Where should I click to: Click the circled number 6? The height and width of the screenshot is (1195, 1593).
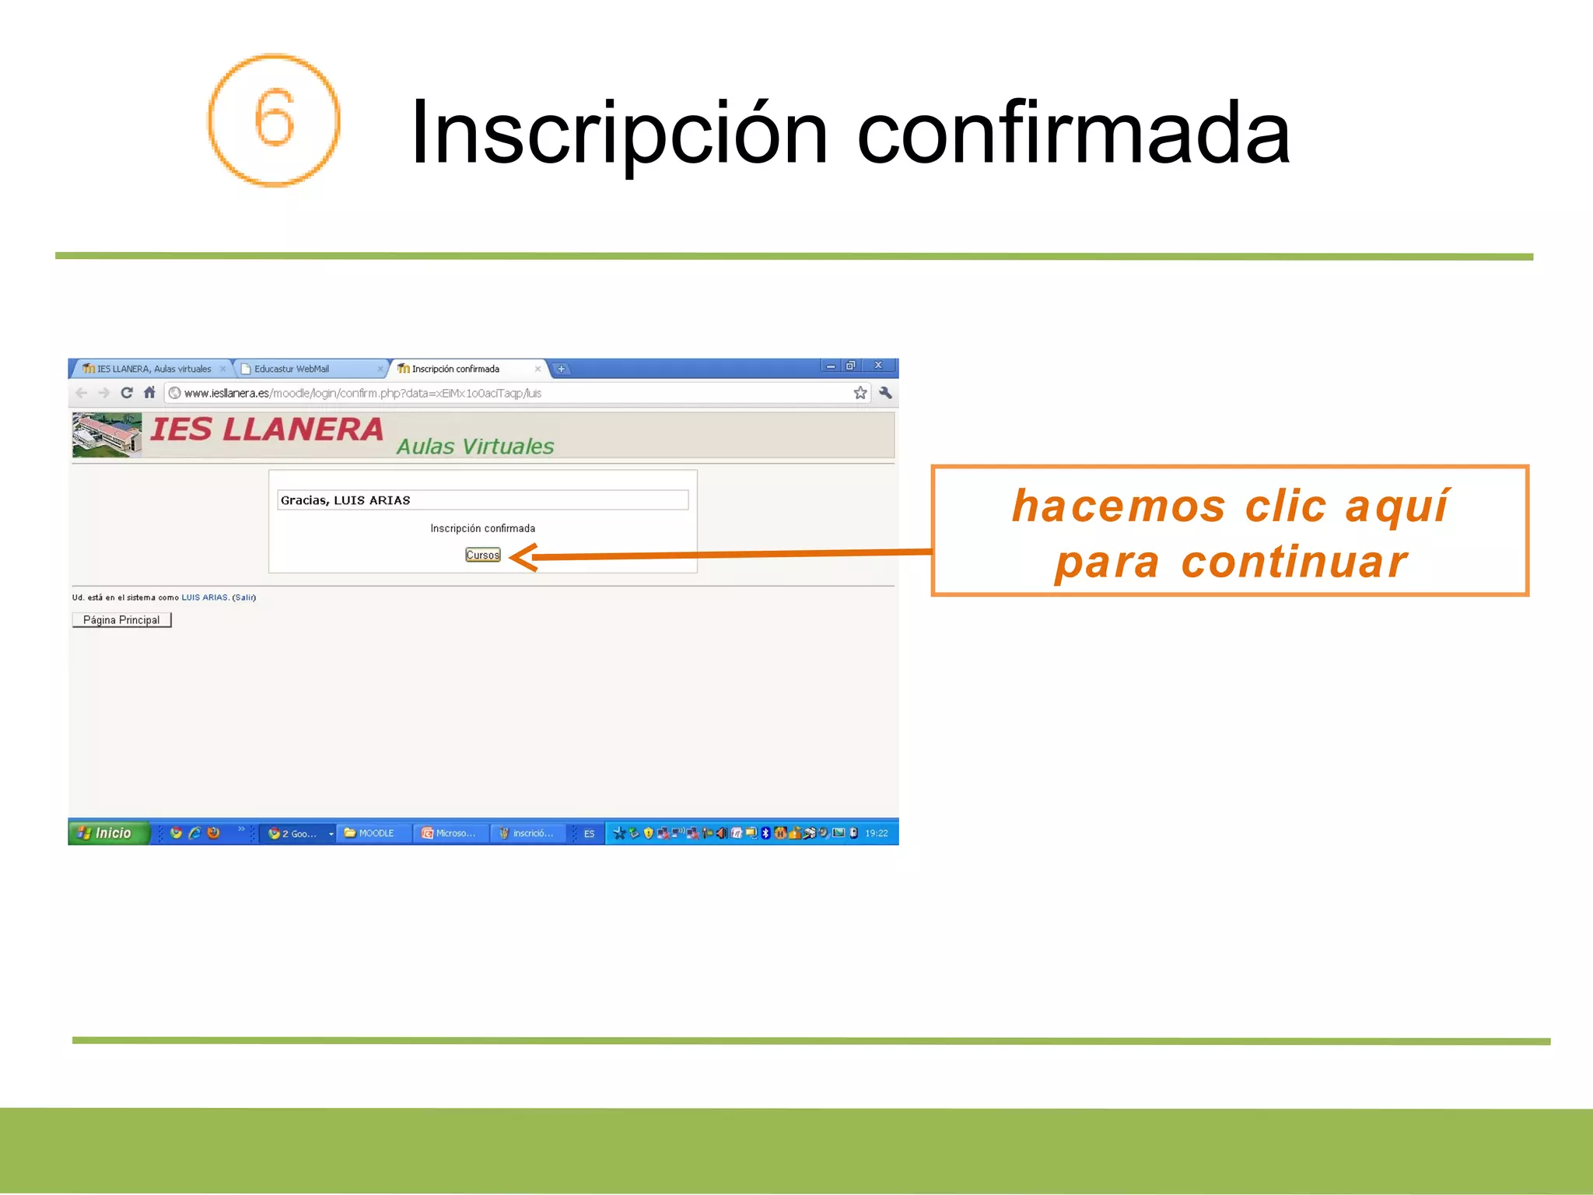pyautogui.click(x=274, y=120)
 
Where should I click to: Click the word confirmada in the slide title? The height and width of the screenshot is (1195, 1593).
pyautogui.click(x=1073, y=133)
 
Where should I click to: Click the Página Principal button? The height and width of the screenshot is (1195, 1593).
pyautogui.click(x=121, y=620)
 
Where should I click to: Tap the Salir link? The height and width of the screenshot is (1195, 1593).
pyautogui.click(x=244, y=597)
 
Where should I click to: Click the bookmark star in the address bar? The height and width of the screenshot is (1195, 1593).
pyautogui.click(x=860, y=393)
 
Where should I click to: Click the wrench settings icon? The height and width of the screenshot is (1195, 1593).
pyautogui.click(x=885, y=393)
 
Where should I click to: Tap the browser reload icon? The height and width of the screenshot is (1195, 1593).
pyautogui.click(x=127, y=393)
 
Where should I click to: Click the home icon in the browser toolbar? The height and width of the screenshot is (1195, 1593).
pyautogui.click(x=149, y=393)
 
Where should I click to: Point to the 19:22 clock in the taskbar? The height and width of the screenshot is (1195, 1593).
pyautogui.click(x=876, y=833)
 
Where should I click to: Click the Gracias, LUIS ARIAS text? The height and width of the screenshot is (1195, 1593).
pyautogui.click(x=345, y=500)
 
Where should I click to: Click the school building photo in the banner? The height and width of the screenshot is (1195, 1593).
pyautogui.click(x=107, y=435)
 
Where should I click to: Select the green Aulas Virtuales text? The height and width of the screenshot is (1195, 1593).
pyautogui.click(x=474, y=447)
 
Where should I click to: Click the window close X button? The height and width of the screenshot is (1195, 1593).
pyautogui.click(x=878, y=366)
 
